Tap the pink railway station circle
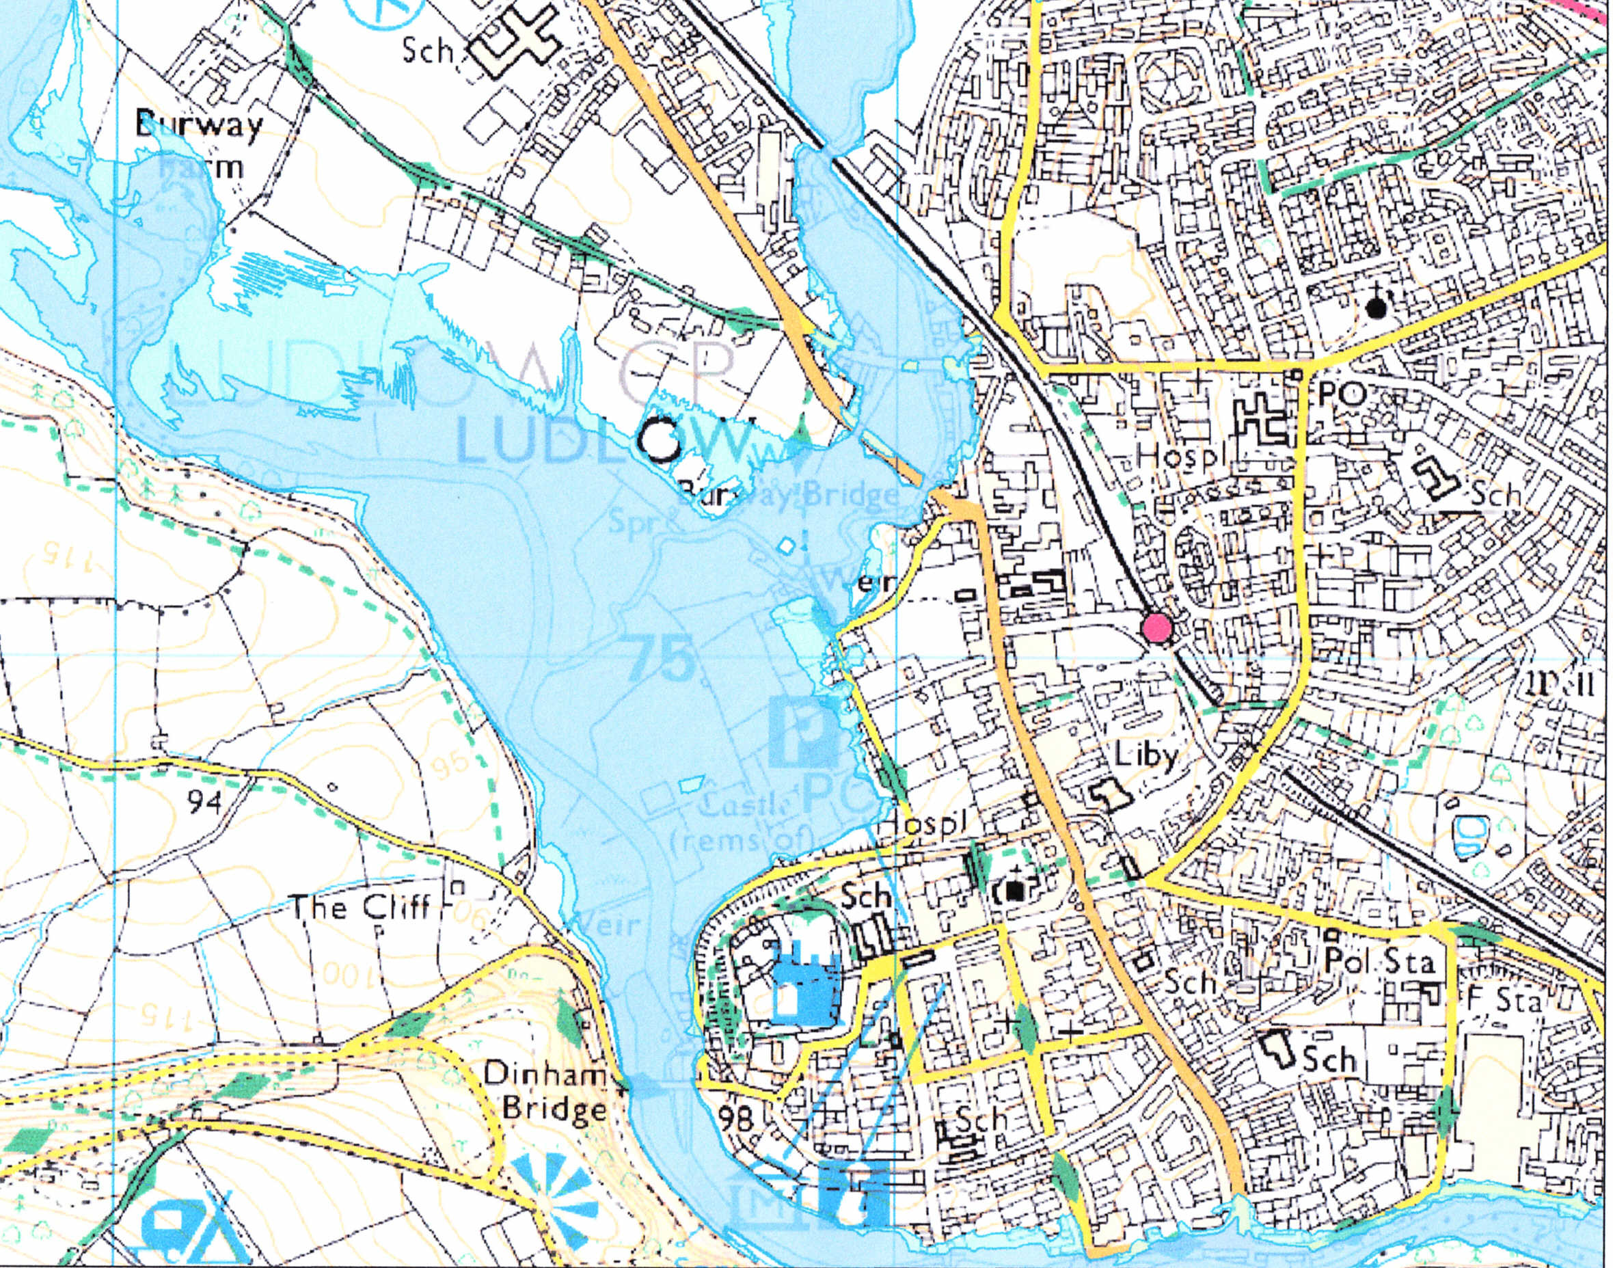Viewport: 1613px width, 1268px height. (x=1156, y=628)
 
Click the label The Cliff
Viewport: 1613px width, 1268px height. (x=362, y=906)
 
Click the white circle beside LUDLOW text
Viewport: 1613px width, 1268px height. (x=660, y=440)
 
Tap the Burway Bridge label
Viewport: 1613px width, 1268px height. (x=788, y=493)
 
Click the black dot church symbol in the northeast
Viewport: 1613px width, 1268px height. (x=1377, y=308)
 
